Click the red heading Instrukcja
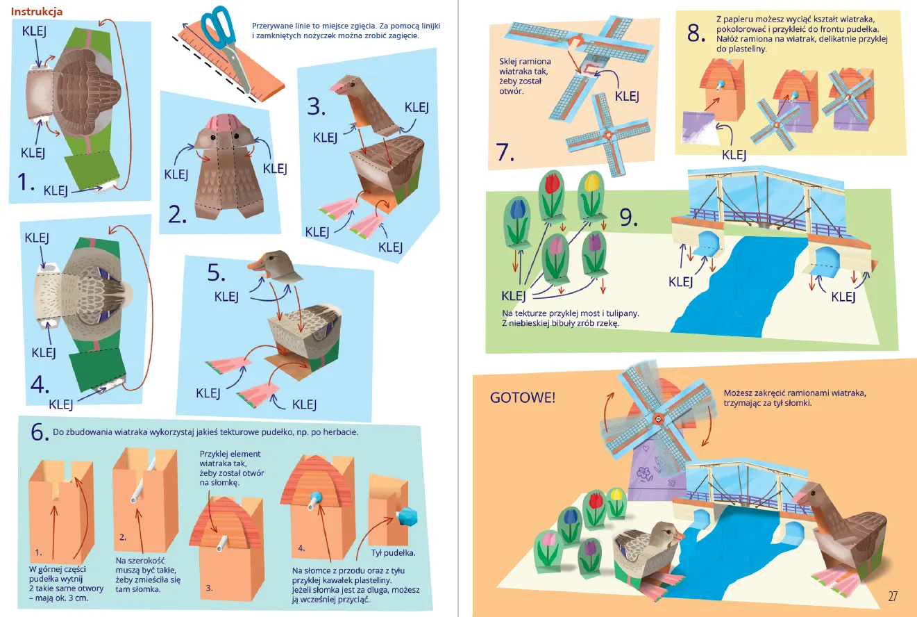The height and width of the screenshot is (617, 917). (36, 12)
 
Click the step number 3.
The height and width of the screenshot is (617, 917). (316, 106)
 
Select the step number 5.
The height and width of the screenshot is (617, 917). (216, 272)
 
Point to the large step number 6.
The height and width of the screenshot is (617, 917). (40, 431)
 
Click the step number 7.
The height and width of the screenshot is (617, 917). (505, 152)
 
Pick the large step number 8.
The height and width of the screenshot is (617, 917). (696, 33)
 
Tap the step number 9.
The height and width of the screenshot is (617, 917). (628, 217)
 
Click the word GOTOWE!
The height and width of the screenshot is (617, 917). (522, 397)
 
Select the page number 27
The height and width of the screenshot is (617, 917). (893, 596)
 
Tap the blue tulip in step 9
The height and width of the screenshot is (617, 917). (517, 208)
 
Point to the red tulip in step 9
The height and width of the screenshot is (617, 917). (551, 183)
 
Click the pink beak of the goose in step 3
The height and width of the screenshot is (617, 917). (338, 88)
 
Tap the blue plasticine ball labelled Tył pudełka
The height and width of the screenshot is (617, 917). (407, 516)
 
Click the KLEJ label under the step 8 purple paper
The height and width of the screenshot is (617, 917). (734, 155)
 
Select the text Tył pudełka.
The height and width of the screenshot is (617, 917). (393, 553)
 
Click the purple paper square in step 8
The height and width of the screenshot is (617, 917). (700, 127)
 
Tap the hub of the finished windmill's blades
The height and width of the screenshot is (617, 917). (658, 419)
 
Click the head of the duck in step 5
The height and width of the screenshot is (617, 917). (275, 265)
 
